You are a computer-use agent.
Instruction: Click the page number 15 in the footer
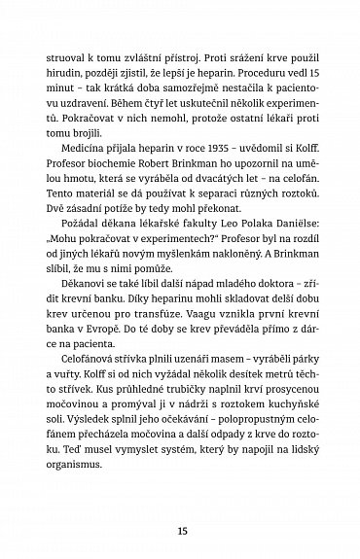[x=180, y=506]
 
